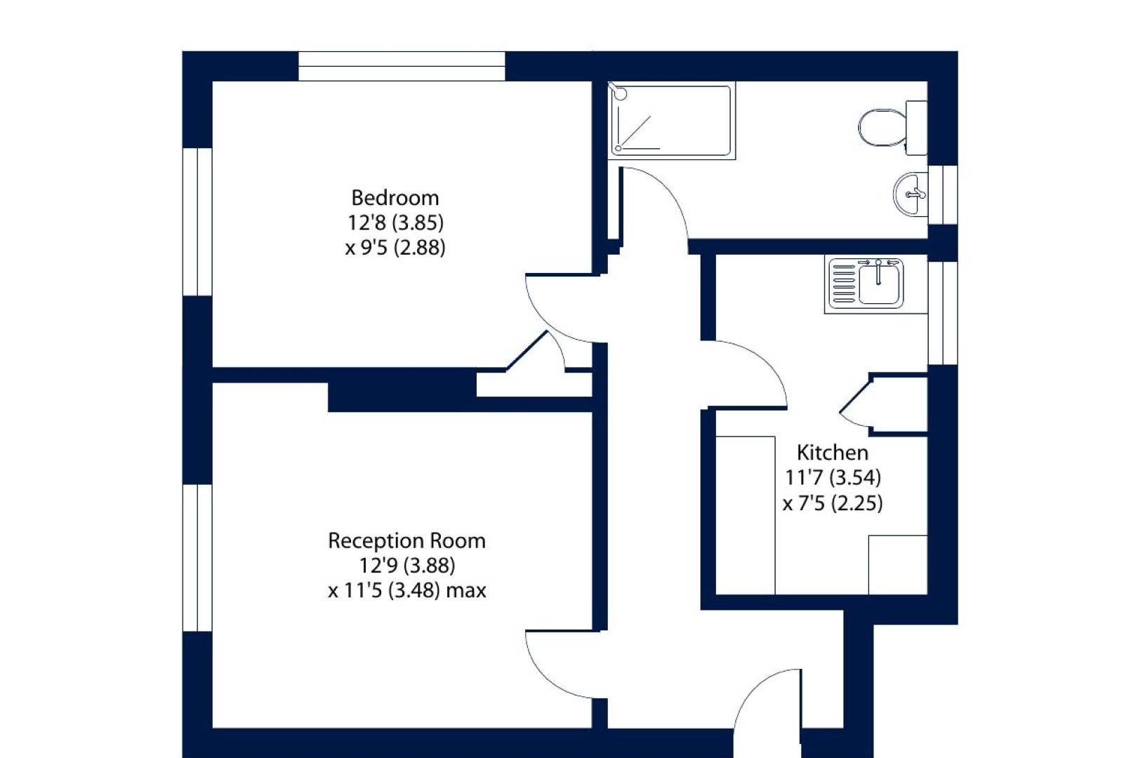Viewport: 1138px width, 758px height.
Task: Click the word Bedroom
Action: coord(395,198)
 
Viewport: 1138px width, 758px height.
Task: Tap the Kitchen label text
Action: coord(832,452)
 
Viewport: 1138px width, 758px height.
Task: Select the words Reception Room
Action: coord(406,540)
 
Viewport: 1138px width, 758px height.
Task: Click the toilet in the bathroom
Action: coord(892,128)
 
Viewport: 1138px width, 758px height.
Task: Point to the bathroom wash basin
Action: coord(911,194)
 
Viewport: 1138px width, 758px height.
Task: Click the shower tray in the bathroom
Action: coord(672,121)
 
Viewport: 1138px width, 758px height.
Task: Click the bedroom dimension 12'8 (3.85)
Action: coord(395,222)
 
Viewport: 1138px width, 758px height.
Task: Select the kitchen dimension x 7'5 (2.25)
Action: coord(833,503)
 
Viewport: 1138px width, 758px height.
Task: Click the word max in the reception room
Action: coord(466,591)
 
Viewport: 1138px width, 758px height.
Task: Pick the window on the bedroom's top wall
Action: coord(402,66)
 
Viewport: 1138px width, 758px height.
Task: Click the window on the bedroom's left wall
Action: coord(198,222)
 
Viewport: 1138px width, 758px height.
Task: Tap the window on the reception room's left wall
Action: coord(198,558)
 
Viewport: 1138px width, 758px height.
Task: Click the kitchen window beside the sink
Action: coord(943,313)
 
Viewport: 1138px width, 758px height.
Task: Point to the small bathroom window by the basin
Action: coord(943,194)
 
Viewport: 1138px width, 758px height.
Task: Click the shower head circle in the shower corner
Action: coord(621,94)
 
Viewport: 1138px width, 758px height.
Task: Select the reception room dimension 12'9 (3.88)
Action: coord(407,565)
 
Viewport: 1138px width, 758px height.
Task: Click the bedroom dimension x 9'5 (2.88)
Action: coord(395,248)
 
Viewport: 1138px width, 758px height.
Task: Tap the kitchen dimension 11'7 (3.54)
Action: coord(833,477)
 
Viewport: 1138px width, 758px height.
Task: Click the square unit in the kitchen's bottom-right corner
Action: coord(898,564)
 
